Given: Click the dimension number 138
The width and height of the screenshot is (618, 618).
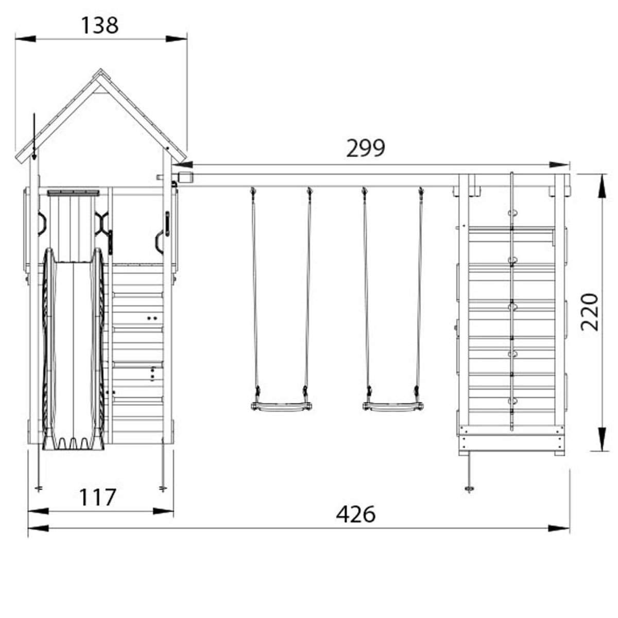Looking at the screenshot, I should click(99, 25).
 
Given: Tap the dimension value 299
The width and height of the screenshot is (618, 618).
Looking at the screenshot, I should click(365, 149).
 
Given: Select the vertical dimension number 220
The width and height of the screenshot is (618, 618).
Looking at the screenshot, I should click(590, 312).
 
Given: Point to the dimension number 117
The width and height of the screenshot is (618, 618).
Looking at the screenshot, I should click(97, 498).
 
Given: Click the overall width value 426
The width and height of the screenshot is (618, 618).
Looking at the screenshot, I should click(355, 514).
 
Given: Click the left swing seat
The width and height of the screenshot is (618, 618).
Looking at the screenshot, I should click(281, 407).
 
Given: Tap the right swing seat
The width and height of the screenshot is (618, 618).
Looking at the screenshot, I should click(393, 407).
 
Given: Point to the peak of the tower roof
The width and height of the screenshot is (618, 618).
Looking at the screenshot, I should click(99, 72).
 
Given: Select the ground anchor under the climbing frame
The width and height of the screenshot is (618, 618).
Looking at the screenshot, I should click(469, 487).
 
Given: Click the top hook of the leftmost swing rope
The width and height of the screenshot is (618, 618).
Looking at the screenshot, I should click(253, 192).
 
